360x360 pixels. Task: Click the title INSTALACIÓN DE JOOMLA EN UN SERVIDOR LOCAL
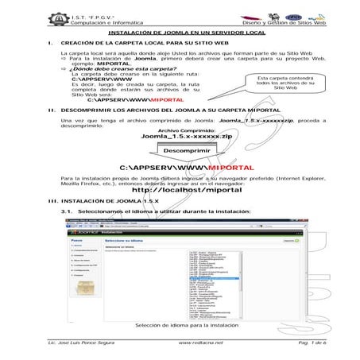click(180, 32)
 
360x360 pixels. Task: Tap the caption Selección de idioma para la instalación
click(187, 325)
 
